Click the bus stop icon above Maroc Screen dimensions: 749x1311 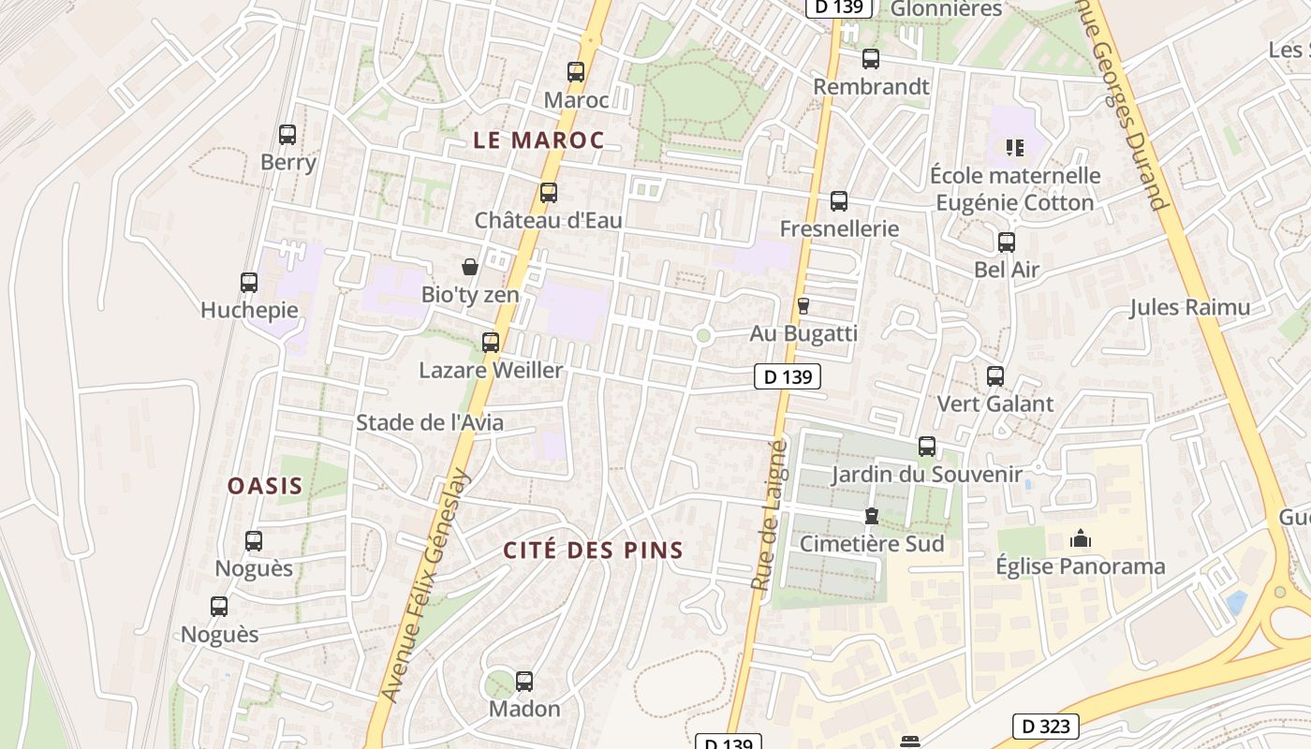[576, 72]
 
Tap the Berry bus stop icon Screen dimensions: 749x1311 [287, 135]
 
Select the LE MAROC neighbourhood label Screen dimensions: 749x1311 [538, 140]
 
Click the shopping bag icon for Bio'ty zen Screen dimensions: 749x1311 [470, 267]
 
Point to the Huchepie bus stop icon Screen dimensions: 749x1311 [249, 283]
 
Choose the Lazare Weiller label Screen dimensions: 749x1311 [491, 370]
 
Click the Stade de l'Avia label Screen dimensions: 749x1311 [430, 422]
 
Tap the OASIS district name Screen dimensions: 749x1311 [266, 486]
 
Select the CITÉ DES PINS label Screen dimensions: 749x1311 [594, 550]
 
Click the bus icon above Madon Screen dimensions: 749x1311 [524, 682]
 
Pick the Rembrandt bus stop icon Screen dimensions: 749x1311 [871, 59]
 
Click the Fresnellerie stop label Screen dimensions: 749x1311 [839, 228]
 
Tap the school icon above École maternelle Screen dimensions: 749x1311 [1015, 147]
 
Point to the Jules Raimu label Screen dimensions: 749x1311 [1189, 307]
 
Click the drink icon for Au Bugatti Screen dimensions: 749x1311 [803, 305]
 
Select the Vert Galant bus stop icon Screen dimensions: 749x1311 [995, 376]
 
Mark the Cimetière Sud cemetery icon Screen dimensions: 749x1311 [872, 516]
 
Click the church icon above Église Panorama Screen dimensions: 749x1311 [1081, 539]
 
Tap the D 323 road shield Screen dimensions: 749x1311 [1046, 726]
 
